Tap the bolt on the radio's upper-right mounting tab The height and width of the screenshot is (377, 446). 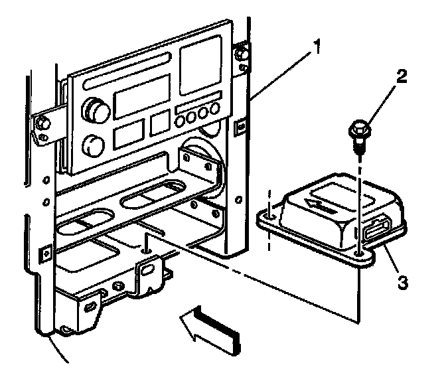pyautogui.click(x=243, y=50)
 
